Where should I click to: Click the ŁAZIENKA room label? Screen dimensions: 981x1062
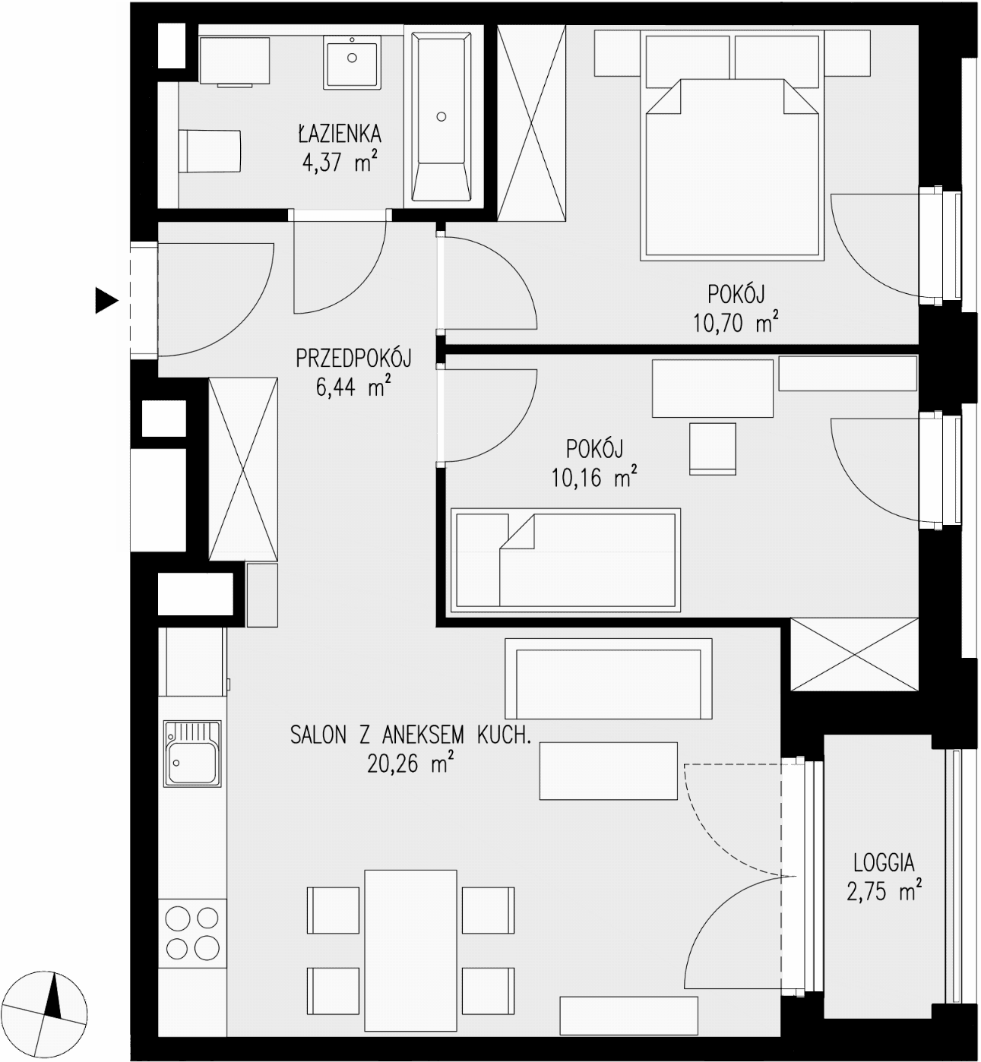340,133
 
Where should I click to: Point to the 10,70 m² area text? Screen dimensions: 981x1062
736,322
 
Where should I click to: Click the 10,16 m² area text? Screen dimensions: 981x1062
594,477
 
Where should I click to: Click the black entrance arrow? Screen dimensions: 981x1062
106,301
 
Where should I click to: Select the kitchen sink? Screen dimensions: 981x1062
192,754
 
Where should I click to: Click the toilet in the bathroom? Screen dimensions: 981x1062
209,151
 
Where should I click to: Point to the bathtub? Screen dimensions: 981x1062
441,117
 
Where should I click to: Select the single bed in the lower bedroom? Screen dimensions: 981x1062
565,560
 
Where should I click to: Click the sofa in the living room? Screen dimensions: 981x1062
609,678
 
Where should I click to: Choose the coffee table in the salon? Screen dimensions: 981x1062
608,770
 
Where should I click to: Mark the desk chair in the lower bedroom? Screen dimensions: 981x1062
713,449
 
